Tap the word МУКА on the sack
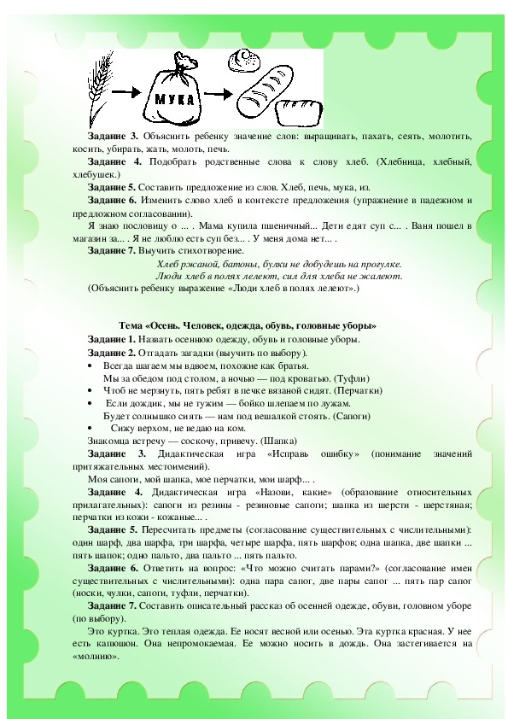pyautogui.click(x=177, y=99)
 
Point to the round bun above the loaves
pyautogui.click(x=246, y=61)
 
